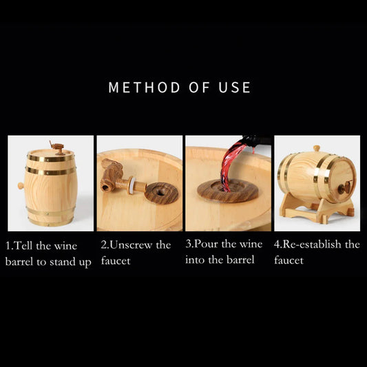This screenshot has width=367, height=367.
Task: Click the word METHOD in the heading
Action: tap(144, 87)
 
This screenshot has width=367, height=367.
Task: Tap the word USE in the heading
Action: tap(235, 87)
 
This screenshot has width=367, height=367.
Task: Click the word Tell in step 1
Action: tap(23, 246)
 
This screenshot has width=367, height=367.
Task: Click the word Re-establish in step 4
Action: tap(312, 244)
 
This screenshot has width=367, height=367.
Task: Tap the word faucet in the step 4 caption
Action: tap(289, 260)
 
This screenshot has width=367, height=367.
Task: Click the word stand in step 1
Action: tap(63, 262)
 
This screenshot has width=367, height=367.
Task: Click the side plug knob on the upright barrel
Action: tap(21, 186)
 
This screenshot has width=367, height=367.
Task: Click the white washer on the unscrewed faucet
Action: tap(132, 185)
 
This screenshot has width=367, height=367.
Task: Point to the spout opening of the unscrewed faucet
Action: tap(105, 187)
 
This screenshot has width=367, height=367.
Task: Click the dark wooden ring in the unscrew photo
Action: tap(161, 193)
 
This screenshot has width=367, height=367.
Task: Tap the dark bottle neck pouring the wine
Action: tap(256, 141)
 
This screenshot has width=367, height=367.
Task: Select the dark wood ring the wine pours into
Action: tap(227, 191)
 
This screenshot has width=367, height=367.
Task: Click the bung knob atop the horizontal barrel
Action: tap(317, 148)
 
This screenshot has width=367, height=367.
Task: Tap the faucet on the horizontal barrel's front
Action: tap(344, 187)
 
